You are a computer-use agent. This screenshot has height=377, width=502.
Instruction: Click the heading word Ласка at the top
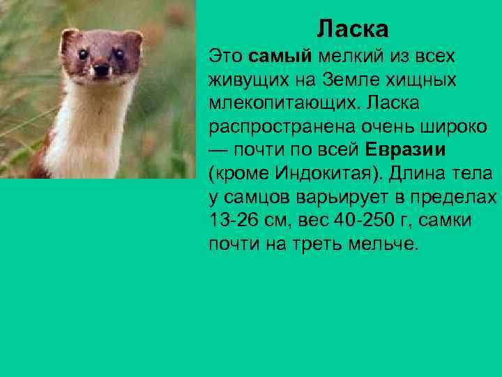352,29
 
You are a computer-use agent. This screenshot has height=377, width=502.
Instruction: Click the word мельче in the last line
385,245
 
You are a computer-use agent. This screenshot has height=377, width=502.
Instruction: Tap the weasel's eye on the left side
82,54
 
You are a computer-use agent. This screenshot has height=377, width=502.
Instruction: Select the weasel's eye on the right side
119,53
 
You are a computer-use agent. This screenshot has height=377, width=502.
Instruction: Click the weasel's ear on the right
134,37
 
